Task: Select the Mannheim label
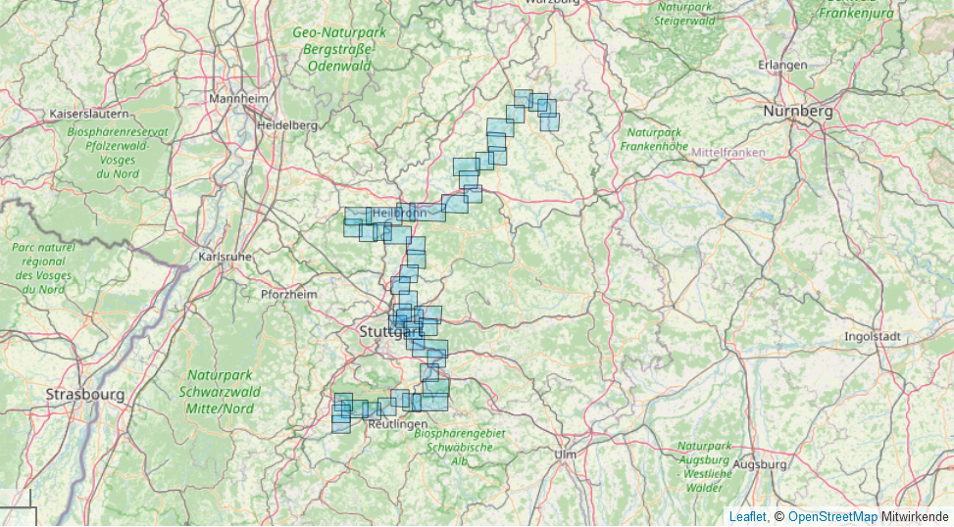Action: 238,99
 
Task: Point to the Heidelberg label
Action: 287,125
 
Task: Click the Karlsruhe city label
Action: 225,257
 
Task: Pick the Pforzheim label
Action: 289,294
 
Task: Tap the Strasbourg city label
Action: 85,394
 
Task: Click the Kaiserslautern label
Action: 89,115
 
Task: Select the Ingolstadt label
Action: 873,336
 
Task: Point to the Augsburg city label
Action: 760,464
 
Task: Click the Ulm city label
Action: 565,455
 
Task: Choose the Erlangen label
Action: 782,65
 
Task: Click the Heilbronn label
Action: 400,212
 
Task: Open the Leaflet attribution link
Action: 747,516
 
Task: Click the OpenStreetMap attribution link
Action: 832,516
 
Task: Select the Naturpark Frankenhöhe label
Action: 653,138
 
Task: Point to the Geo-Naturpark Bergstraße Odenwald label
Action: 339,49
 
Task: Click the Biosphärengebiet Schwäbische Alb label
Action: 459,447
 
